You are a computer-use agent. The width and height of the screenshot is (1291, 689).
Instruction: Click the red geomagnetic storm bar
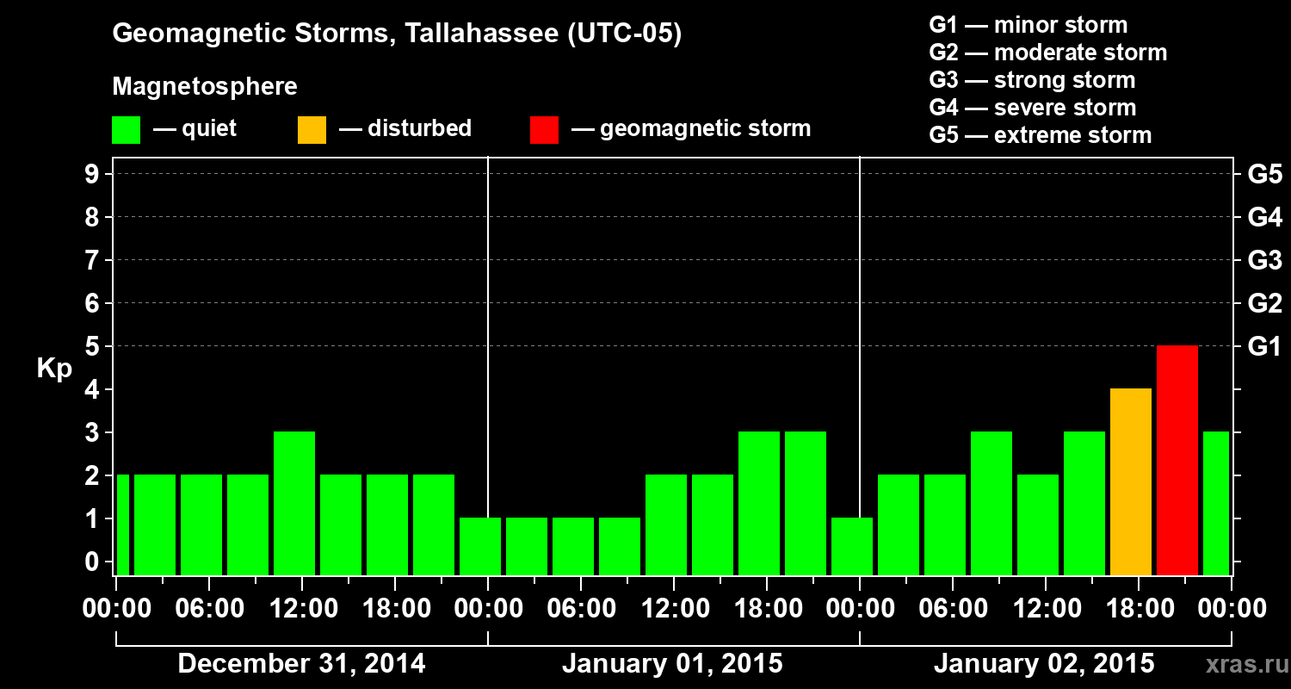click(1177, 460)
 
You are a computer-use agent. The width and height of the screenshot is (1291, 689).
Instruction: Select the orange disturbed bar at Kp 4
click(1130, 481)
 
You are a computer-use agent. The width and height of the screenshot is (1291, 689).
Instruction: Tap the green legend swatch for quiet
click(126, 129)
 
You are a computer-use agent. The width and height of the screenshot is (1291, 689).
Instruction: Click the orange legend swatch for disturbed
click(312, 129)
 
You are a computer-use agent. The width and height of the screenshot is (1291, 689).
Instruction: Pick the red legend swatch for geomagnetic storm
click(544, 129)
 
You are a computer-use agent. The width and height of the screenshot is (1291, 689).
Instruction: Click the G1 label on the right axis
click(1264, 346)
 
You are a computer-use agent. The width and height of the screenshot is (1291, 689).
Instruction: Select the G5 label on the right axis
click(1264, 174)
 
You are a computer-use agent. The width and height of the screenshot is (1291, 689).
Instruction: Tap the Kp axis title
click(53, 369)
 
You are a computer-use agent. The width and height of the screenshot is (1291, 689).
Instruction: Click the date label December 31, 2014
click(301, 664)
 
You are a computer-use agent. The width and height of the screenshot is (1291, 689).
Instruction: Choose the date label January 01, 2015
click(672, 664)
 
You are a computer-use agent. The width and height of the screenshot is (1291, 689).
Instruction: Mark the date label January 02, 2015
click(1044, 664)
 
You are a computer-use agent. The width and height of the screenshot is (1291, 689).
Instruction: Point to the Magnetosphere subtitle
click(205, 87)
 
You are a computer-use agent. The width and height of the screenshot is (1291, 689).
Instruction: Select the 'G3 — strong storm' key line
click(1032, 80)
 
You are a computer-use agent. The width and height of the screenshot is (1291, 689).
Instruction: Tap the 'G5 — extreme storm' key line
click(1040, 135)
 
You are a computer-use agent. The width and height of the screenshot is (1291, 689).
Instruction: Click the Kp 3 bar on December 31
click(293, 503)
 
